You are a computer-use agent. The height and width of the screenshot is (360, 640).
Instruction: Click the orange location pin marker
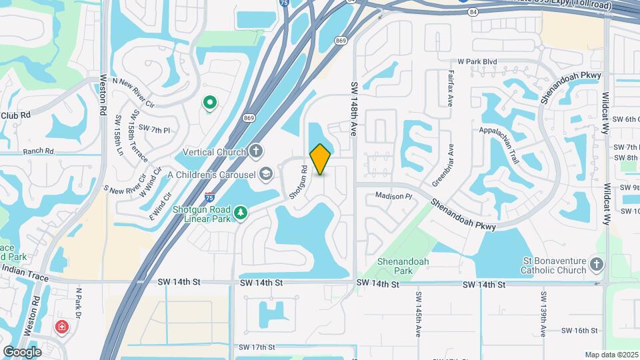point(321,159)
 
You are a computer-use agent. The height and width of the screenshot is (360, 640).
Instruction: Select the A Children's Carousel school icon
point(266,175)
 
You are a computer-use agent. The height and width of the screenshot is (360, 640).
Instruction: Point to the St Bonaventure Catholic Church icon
point(597,265)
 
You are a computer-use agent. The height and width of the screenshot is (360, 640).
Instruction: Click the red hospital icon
point(61,327)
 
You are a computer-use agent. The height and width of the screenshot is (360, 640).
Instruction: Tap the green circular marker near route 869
point(210,103)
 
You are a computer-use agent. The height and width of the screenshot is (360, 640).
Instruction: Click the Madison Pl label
point(394,196)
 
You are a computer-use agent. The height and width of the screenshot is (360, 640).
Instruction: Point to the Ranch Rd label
point(39,151)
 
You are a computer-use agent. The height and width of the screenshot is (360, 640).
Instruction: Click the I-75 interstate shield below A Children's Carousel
point(210,197)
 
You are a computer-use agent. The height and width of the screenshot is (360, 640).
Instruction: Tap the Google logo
point(23,351)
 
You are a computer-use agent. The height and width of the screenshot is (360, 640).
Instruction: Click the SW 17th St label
point(257,347)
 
